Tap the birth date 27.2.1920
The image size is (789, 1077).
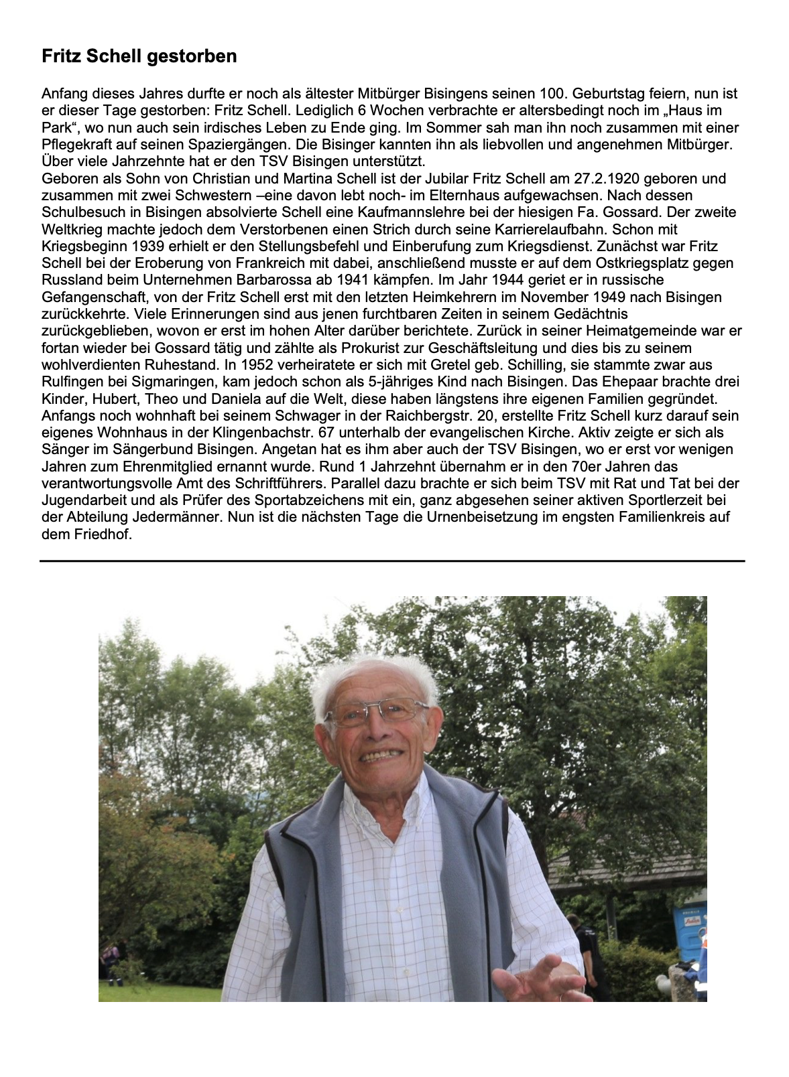tap(606, 179)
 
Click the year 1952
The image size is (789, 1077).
tap(257, 365)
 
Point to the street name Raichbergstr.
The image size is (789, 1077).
tap(431, 416)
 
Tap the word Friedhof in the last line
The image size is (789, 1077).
tap(103, 534)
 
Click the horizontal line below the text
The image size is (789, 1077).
tap(392, 561)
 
